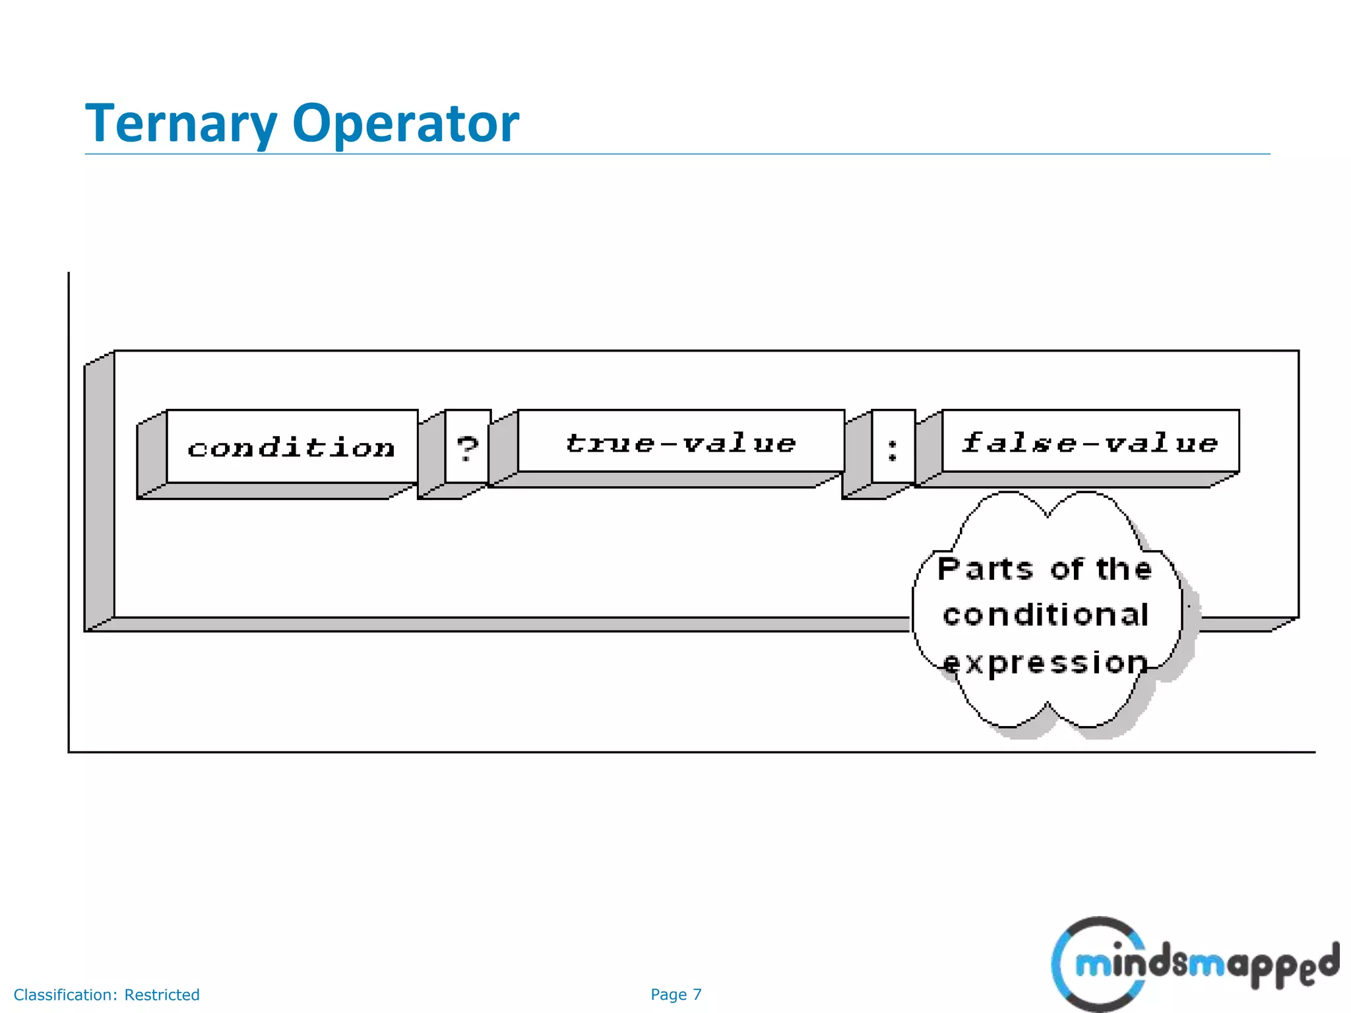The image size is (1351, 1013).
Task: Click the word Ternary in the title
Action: (x=181, y=124)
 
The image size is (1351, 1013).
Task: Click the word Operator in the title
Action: (x=405, y=124)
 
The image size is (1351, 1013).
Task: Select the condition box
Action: (x=291, y=447)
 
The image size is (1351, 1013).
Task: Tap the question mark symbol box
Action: (x=467, y=447)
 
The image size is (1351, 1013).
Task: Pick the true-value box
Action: (x=681, y=442)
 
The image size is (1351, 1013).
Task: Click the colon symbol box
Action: (x=893, y=447)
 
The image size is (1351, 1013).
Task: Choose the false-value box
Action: (x=1090, y=442)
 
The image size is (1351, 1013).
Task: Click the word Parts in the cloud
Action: (x=985, y=569)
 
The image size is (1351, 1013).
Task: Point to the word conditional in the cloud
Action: (x=1046, y=615)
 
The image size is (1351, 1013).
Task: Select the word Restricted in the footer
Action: (x=162, y=995)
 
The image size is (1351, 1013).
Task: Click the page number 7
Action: (x=697, y=995)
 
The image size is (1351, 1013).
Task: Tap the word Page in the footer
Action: (x=668, y=995)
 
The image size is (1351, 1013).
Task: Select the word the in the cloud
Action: (x=1124, y=569)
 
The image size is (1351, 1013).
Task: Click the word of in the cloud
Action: (x=1066, y=569)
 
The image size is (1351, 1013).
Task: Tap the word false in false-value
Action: (x=1020, y=442)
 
